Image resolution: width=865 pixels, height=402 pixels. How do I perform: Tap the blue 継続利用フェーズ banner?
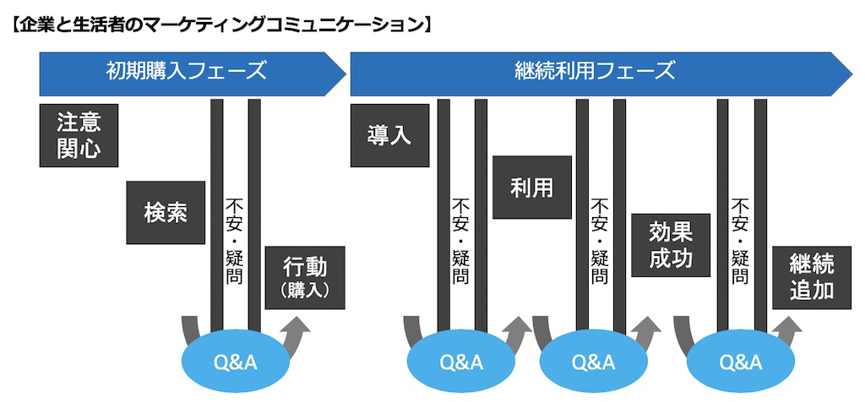(x=595, y=72)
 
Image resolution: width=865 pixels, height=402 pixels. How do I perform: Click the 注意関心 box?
(x=79, y=135)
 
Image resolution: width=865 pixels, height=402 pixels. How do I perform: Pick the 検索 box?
(x=165, y=213)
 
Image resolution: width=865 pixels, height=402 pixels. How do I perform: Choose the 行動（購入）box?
(x=305, y=277)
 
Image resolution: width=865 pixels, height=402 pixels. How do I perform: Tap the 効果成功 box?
(x=671, y=245)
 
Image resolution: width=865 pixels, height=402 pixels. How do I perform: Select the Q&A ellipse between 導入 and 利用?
(x=461, y=362)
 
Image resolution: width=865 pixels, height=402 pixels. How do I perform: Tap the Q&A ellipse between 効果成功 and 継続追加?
(x=740, y=362)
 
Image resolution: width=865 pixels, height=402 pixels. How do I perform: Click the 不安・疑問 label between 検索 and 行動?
(x=235, y=241)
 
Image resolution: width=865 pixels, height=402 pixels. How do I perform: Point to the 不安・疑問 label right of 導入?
(x=461, y=241)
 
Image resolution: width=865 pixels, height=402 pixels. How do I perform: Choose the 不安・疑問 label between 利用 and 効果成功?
(x=600, y=241)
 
